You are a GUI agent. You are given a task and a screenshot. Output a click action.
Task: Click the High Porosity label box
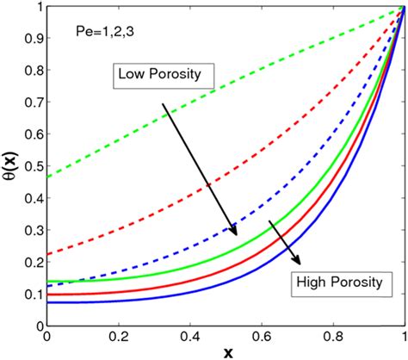pos(337,282)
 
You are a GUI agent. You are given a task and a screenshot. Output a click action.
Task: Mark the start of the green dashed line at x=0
pos(47,177)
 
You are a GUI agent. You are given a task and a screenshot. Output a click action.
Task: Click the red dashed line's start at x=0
pos(47,255)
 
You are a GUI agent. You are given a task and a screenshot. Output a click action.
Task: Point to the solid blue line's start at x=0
pos(47,301)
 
